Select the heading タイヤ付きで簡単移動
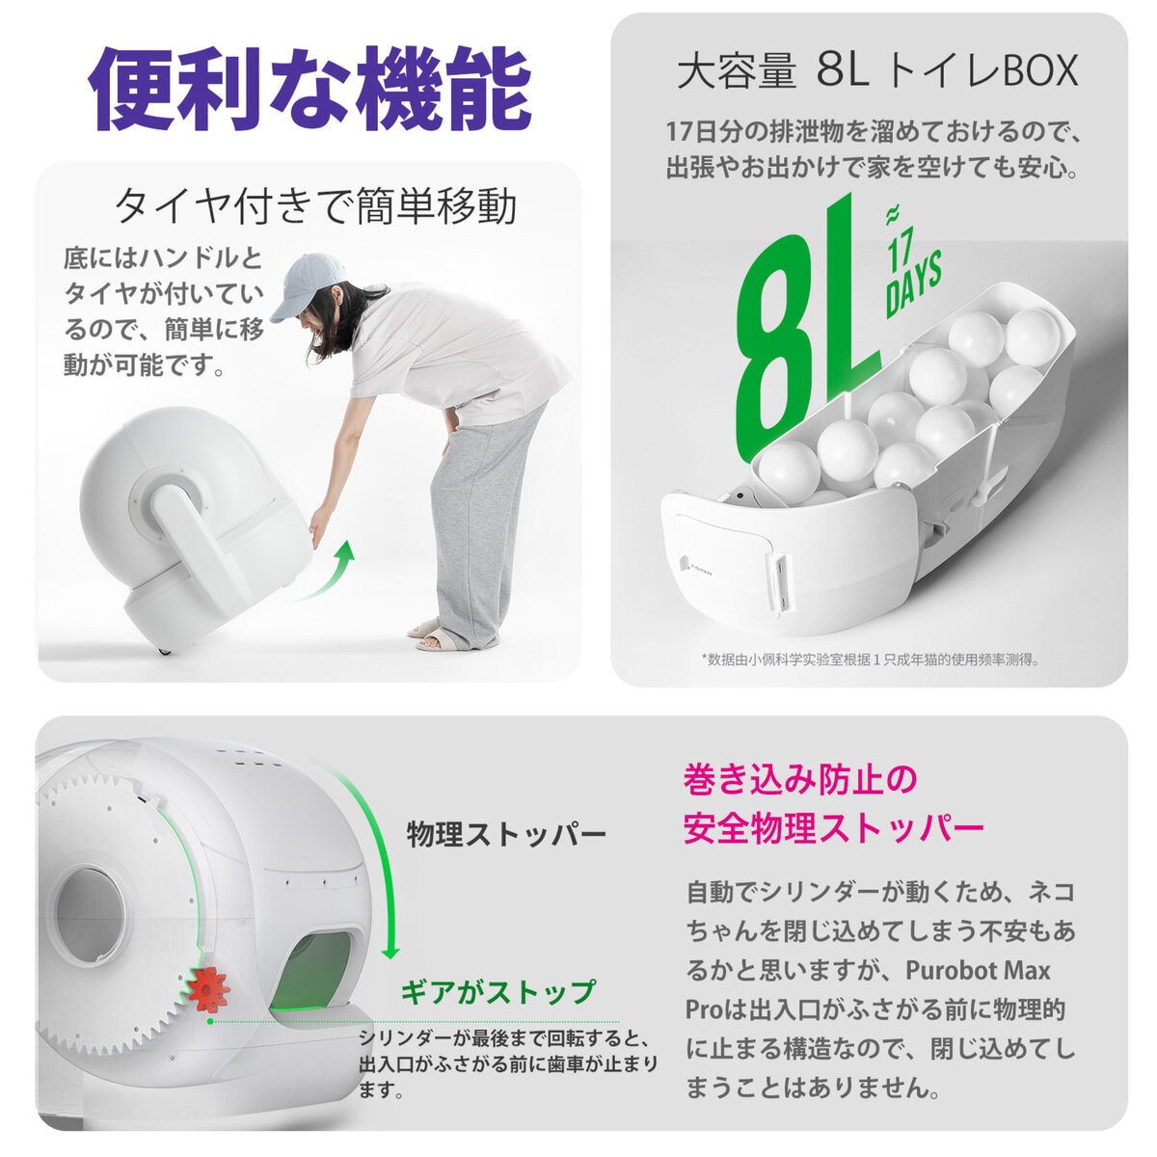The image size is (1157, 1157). (315, 205)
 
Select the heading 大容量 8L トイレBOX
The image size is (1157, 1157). (876, 72)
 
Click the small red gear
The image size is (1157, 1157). (207, 988)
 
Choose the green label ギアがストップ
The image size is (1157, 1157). (498, 991)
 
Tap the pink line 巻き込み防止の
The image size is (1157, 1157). (800, 779)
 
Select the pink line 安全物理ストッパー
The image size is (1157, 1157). (833, 827)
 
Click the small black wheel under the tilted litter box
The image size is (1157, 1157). (163, 655)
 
